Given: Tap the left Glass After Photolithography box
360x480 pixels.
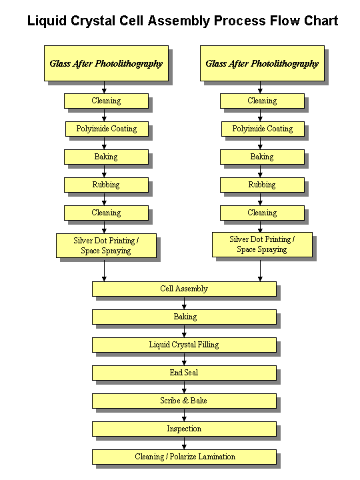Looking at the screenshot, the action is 106,63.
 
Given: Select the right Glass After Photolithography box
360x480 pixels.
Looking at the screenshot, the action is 262,63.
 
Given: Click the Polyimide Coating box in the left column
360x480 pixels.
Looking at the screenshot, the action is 107,129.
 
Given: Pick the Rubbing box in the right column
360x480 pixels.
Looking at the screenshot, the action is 262,185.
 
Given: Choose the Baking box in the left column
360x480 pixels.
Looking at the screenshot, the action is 106,157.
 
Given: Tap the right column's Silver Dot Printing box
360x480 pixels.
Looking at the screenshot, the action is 262,245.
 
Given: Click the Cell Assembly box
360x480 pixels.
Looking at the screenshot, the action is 184,289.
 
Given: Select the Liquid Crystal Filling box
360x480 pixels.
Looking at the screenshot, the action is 184,345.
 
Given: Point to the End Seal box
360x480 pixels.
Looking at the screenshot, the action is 184,373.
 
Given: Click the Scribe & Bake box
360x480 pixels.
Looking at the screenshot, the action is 184,401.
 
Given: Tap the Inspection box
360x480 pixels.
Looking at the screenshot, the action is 184,429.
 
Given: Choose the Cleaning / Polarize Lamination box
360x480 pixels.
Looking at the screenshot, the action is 184,457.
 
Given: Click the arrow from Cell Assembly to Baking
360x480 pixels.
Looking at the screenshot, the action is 184,303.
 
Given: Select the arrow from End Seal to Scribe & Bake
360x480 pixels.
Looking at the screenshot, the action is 184,387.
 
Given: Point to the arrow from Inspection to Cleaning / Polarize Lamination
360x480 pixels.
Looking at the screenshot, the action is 184,443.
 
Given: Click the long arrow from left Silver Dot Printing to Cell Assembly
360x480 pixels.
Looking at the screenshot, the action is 104,270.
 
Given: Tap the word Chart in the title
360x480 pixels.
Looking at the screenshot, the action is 321,21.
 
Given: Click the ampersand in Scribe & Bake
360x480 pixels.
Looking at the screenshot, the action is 185,401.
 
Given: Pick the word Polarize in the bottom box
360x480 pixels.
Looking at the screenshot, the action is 183,457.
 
